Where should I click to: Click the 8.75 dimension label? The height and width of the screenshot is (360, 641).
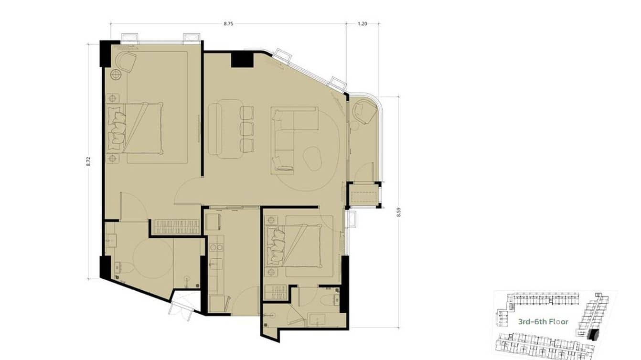[x=228, y=24]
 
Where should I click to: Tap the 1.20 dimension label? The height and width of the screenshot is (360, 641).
[x=362, y=24]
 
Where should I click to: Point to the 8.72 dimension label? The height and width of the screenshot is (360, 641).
[x=88, y=161]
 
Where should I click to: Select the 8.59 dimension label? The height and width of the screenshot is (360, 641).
[x=399, y=212]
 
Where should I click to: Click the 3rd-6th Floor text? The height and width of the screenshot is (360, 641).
[x=543, y=322]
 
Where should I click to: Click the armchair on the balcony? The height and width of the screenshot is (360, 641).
[x=364, y=112]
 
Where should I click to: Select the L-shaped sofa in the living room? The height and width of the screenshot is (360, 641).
[x=295, y=140]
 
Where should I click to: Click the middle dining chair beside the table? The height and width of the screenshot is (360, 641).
[x=247, y=129]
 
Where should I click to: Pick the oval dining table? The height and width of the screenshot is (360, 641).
[x=225, y=129]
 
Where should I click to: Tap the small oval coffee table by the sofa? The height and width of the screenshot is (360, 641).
[x=312, y=159]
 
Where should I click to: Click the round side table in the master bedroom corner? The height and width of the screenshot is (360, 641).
[x=116, y=74]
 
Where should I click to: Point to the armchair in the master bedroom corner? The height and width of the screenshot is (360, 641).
[x=126, y=62]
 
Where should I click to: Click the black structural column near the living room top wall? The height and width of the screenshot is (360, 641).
[x=242, y=60]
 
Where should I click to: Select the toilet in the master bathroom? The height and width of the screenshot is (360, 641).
[x=124, y=268]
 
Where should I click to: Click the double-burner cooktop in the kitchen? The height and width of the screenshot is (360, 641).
[x=216, y=247]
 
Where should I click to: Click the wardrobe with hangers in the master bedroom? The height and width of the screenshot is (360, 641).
[x=177, y=227]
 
